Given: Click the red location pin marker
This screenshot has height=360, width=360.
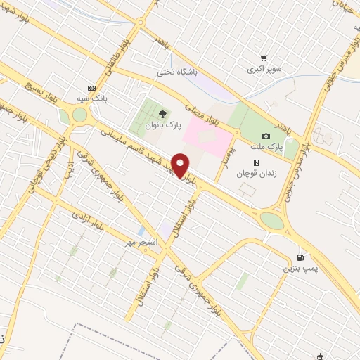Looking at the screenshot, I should tap(181, 165).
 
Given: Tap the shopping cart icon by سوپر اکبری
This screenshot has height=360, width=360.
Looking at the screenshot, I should tap(264, 58).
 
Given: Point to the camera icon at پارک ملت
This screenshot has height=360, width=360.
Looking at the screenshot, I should tap(266, 136).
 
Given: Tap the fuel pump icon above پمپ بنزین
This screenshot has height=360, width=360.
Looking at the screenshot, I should tap(302, 257).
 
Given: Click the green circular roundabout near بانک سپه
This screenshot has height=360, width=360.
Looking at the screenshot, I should tap(79, 115).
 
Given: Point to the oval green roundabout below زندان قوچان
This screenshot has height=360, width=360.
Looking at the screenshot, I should tap(271, 221).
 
